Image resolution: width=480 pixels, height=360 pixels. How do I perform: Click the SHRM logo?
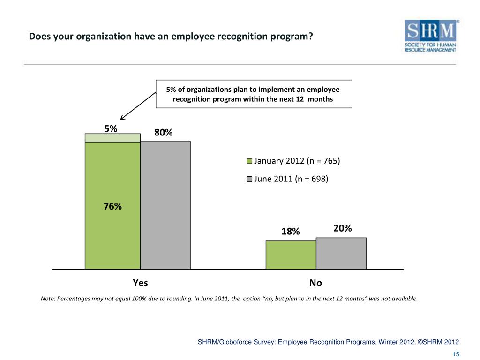pos(431,36)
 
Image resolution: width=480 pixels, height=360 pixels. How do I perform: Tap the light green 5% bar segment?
pos(112,137)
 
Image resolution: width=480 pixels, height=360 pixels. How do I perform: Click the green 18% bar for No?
pos(291,255)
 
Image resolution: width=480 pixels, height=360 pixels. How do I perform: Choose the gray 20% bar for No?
pos(341,253)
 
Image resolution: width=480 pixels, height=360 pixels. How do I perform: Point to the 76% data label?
pos(112,206)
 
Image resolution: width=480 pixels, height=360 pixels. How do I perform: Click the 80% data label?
pos(164,133)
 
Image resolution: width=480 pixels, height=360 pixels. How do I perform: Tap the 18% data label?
pos(290,231)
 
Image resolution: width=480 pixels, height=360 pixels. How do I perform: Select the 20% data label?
pos(343,228)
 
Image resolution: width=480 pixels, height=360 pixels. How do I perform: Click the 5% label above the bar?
pos(111,127)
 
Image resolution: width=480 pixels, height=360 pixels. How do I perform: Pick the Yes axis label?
pos(140,283)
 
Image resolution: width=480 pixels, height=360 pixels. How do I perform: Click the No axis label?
pos(315,283)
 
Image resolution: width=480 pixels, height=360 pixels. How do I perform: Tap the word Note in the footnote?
pos(48,299)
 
